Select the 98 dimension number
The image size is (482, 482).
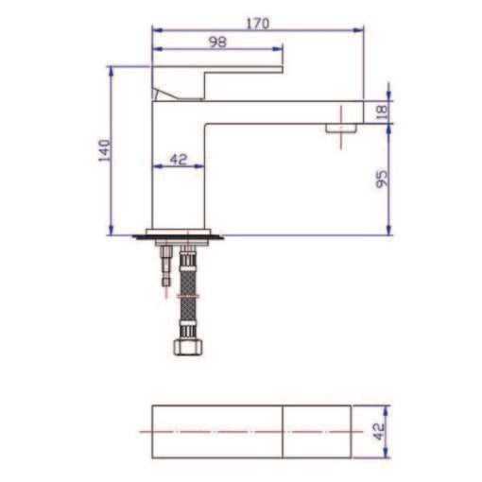[x=217, y=41]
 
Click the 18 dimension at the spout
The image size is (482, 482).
[x=382, y=110]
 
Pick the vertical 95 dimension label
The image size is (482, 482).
[x=382, y=179]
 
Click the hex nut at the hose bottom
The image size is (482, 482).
[x=190, y=346]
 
